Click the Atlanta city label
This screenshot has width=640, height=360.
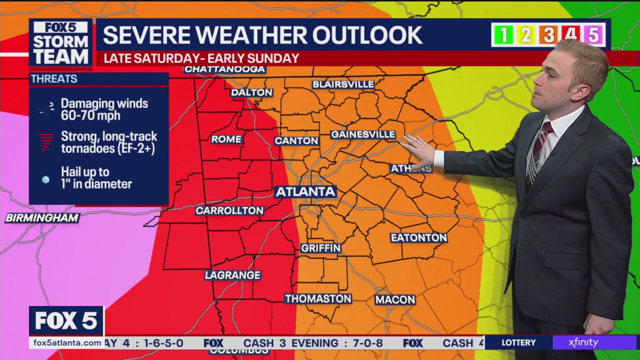pos(305,192)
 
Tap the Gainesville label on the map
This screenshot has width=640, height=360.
pos(363,135)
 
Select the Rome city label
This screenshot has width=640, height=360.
pos(226,139)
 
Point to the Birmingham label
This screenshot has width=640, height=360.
pos(42,218)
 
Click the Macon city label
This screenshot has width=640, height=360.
pos(395,299)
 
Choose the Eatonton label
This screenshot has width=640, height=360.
pos(418,238)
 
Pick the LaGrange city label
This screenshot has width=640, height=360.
pos(233,275)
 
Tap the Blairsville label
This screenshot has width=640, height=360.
pos(343,84)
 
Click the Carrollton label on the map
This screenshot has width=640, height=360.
pos(229,211)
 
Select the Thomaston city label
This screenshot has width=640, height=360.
pos(318,299)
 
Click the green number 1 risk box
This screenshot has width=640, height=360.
pos(503,35)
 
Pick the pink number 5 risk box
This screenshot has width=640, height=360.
pos(593,35)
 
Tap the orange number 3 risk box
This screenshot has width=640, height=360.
pos(548,35)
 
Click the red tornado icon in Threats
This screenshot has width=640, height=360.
pos(46,142)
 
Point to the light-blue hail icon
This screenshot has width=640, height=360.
pos(45,179)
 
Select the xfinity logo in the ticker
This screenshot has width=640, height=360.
pos(583,342)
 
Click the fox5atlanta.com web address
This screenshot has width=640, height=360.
pos(66,342)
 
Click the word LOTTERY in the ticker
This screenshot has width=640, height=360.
pos(518,342)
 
